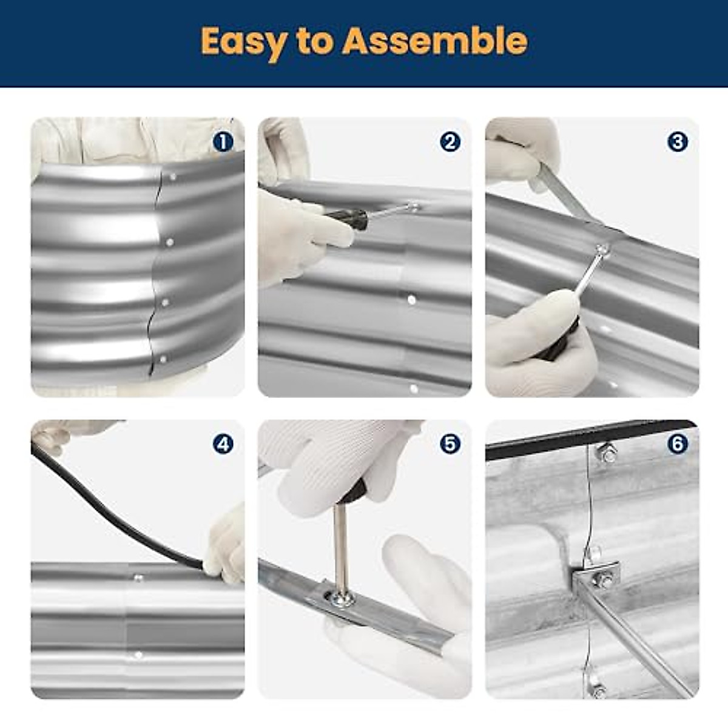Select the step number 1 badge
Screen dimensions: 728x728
click(223, 143)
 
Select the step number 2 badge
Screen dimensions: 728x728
click(450, 143)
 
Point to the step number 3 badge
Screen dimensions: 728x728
click(678, 143)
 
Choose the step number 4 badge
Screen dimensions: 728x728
click(223, 445)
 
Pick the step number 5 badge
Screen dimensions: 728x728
click(450, 445)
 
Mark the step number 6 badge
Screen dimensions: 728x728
click(678, 445)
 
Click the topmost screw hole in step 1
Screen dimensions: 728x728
click(173, 177)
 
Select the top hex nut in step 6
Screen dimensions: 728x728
click(606, 453)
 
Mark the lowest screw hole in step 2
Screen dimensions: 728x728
click(414, 388)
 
